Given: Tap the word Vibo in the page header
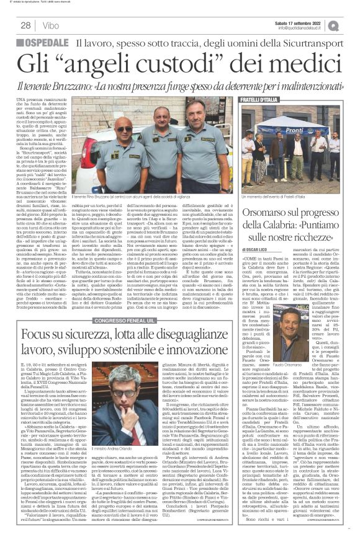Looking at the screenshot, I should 48,25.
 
